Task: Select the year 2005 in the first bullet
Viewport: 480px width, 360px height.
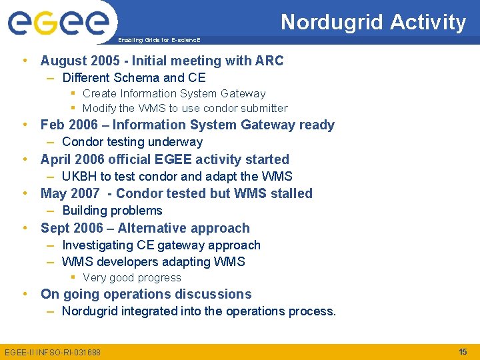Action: point(110,61)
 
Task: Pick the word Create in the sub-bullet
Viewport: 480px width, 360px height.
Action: point(100,94)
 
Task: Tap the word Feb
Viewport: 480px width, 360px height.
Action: point(53,125)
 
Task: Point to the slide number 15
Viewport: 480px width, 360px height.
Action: point(463,351)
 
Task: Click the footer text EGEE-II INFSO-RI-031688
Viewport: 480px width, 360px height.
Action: point(53,352)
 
